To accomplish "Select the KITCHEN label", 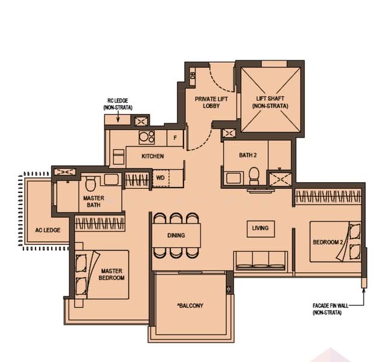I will (153, 156).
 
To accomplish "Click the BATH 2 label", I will (247, 155).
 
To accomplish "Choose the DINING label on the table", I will (176, 235).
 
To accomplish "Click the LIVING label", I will (260, 228).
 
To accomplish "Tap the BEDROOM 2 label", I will (328, 243).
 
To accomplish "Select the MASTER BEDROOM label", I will (112, 275).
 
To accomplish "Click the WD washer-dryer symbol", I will (160, 179).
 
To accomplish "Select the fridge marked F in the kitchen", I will (175, 138).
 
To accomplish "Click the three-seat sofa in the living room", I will (260, 259).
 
